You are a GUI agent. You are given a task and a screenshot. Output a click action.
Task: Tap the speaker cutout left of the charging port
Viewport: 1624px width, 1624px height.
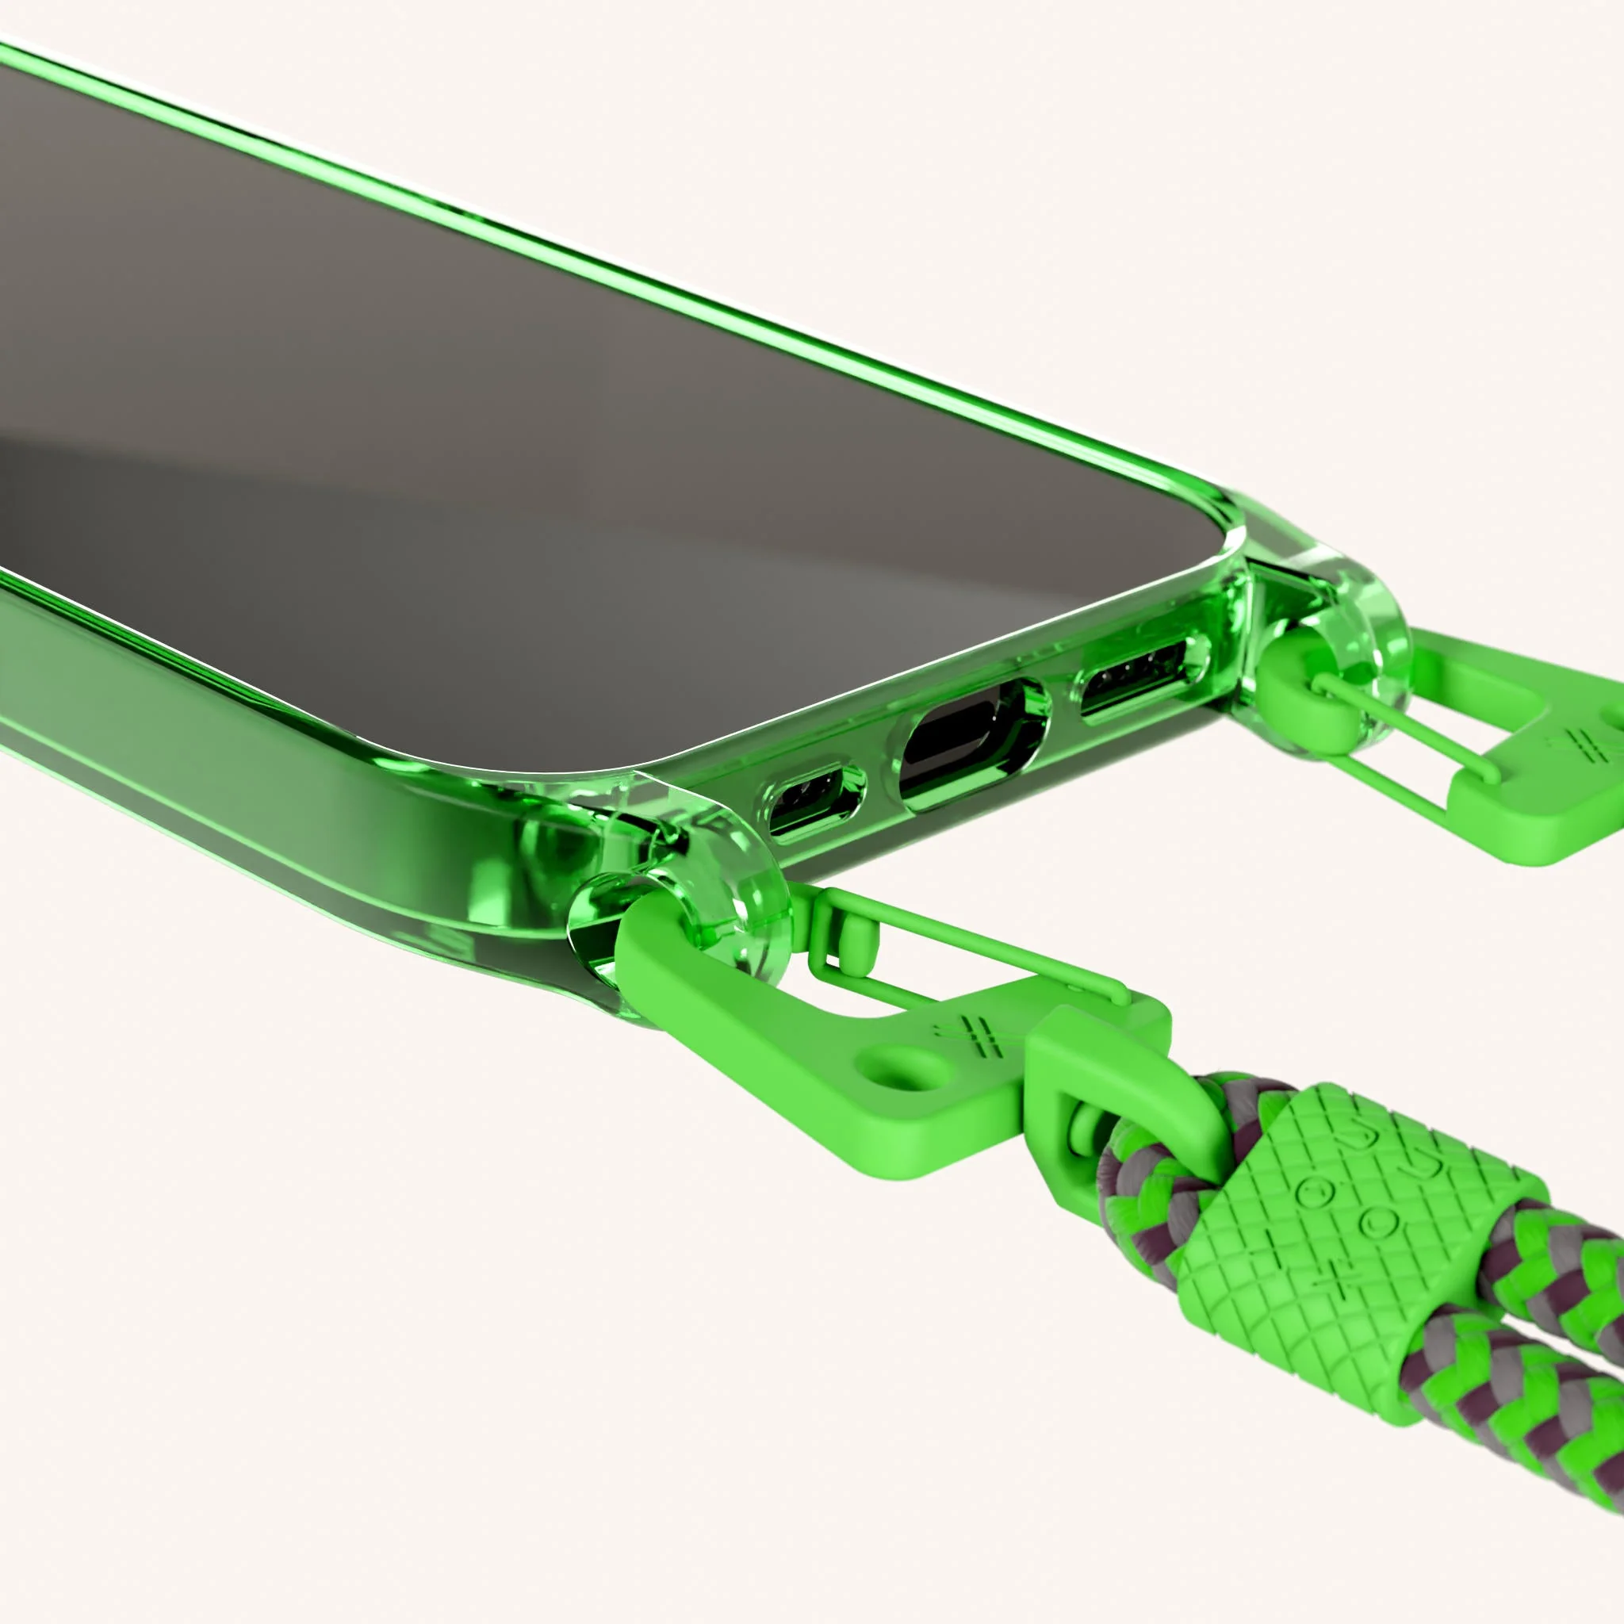814,799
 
